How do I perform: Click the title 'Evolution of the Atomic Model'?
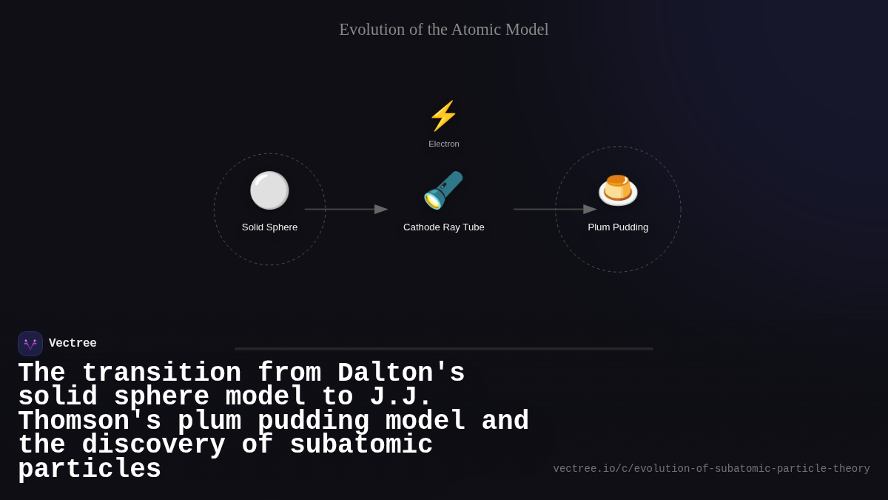coord(443,30)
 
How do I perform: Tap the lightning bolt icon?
coord(443,116)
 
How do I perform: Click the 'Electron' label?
coord(443,144)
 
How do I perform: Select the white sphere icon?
coord(269,190)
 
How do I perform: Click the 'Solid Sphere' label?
coord(269,227)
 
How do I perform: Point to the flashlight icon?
coord(443,190)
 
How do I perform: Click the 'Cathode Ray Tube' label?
coord(443,227)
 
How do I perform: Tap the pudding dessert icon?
coord(618,190)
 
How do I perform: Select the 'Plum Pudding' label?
coord(618,227)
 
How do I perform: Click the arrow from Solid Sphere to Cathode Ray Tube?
coord(346,209)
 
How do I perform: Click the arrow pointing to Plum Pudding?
coord(555,209)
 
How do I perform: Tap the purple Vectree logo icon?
coord(30,344)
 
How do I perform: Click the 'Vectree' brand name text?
coord(73,344)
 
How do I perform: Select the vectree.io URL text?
coord(711,469)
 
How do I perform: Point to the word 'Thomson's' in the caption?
coord(90,421)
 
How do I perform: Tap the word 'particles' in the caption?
coord(90,470)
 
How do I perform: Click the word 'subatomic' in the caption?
coord(361,445)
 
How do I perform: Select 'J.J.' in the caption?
coord(400,397)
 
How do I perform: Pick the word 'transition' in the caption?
coord(161,373)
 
